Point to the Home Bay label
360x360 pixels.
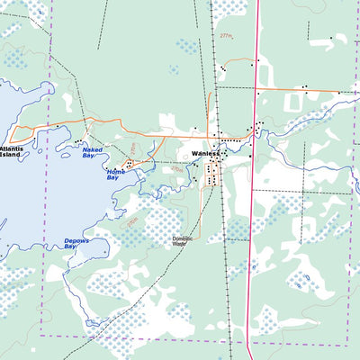(115, 174)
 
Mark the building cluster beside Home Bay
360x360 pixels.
(131, 165)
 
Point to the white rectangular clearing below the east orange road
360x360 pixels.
(296, 102)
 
